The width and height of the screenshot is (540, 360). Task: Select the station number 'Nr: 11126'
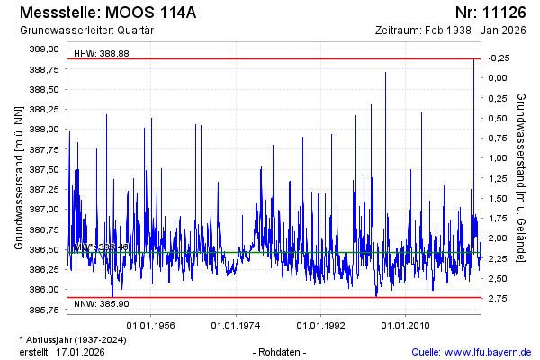point(493,13)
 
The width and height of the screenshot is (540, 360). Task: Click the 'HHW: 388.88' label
point(102,54)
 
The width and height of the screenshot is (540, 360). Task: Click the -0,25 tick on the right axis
point(497,58)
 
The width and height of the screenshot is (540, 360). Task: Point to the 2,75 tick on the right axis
point(497,297)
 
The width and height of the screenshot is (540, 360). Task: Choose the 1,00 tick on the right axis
point(497,157)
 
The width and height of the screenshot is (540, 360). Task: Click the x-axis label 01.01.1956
point(149,324)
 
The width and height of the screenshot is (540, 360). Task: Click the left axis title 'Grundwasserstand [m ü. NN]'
point(18,177)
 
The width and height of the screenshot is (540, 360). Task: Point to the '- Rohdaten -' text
point(281,351)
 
